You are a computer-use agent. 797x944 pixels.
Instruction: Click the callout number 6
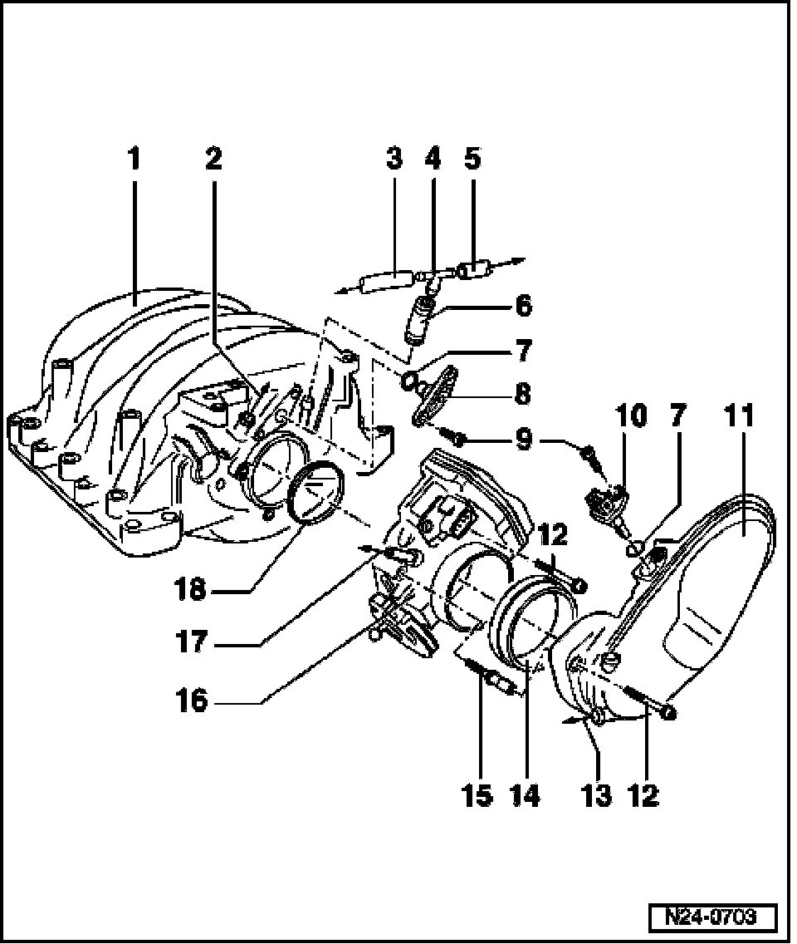pyautogui.click(x=523, y=305)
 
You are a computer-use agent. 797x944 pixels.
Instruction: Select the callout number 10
pyautogui.click(x=631, y=415)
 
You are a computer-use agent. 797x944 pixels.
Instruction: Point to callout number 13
pyautogui.click(x=597, y=795)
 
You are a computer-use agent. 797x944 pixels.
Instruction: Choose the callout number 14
pyautogui.click(x=526, y=795)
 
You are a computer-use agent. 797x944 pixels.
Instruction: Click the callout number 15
pyautogui.click(x=479, y=795)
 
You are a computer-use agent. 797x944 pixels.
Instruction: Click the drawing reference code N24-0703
pyautogui.click(x=712, y=917)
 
